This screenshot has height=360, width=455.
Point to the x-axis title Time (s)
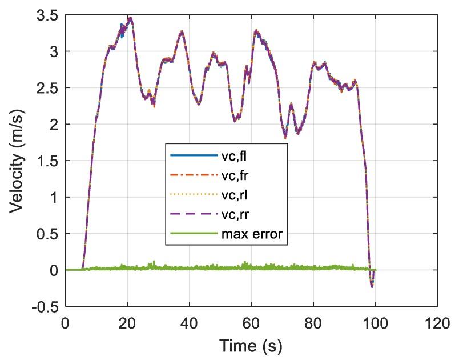251,346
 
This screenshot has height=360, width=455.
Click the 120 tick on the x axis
437,322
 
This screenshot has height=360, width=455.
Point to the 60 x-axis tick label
251,322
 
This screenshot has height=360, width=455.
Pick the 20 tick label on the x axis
127,322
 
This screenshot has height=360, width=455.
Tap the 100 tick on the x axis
375,322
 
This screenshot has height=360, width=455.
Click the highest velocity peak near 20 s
131,18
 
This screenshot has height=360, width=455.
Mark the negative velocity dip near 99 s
372,286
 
